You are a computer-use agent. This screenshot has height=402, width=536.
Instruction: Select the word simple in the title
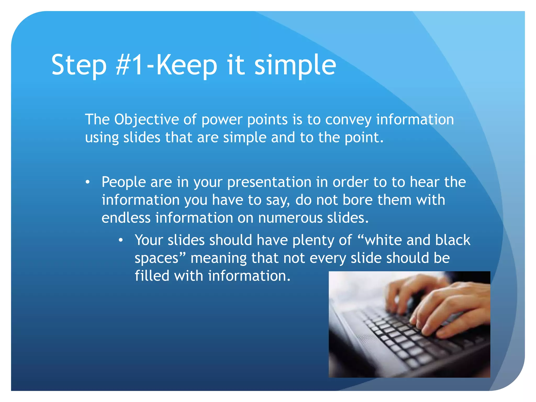295,65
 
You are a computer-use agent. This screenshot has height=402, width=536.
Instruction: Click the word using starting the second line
102,138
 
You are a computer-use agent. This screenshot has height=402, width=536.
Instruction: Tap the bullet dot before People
88,182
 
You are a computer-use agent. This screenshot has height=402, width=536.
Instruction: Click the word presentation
269,182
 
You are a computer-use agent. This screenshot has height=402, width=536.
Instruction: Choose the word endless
126,218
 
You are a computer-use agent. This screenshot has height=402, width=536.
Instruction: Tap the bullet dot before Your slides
120,240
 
